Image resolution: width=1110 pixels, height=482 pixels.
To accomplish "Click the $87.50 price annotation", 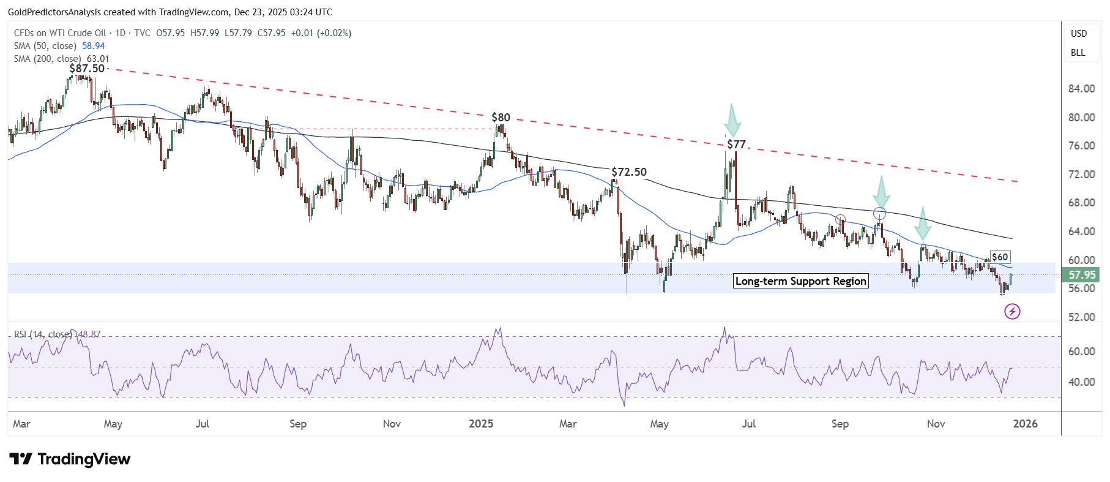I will [x=87, y=69].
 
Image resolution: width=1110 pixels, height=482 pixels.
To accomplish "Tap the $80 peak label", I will [x=501, y=118].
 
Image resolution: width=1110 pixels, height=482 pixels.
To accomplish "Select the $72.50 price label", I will [x=629, y=172].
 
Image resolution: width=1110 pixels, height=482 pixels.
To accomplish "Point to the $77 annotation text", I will [x=736, y=145].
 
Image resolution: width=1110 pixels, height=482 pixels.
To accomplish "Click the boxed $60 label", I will [x=1000, y=257].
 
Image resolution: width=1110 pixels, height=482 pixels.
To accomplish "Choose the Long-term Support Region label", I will [x=800, y=281].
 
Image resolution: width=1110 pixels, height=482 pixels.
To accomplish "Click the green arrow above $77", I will [x=732, y=121].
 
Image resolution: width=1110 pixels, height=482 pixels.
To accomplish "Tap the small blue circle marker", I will [x=879, y=214].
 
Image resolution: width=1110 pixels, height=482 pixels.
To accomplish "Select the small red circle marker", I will [x=840, y=219].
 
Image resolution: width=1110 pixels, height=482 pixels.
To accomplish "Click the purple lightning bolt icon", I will [x=1012, y=312].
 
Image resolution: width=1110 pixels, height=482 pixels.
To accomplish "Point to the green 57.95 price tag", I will [x=1082, y=275].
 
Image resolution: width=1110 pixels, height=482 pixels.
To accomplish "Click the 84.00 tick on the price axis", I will [x=1081, y=89].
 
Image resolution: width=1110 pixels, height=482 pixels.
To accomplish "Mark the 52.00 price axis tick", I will [x=1081, y=317].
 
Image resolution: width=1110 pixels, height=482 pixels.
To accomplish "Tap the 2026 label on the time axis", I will [x=1025, y=424].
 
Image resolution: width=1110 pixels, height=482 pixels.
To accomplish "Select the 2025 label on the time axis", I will [x=481, y=424].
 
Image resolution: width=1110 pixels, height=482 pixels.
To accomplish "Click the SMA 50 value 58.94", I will [x=94, y=46].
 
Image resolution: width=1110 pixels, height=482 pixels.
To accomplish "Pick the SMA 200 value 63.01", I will [x=98, y=59].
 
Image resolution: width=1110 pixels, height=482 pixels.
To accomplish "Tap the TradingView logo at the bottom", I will [x=70, y=459].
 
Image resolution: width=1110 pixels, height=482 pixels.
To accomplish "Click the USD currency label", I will [x=1079, y=34].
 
